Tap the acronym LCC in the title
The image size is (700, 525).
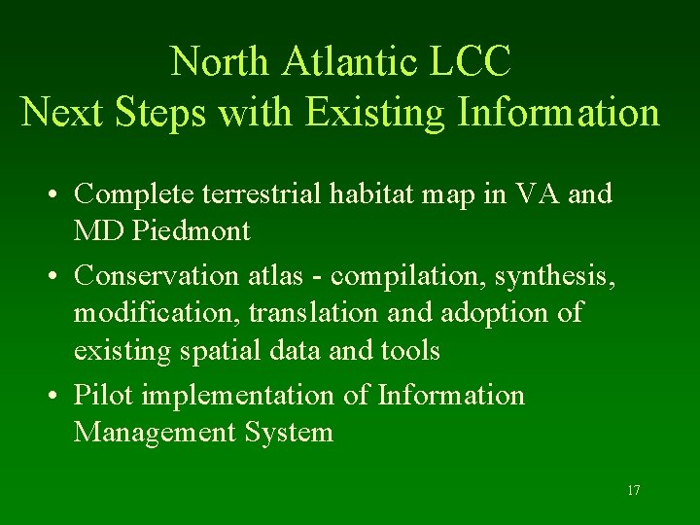click(469, 61)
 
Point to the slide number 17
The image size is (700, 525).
click(633, 491)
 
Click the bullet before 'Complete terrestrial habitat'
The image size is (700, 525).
click(60, 194)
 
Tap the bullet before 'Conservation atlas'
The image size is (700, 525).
click(60, 277)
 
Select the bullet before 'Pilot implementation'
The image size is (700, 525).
click(60, 397)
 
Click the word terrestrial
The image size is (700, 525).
click(266, 194)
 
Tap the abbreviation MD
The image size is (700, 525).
click(97, 231)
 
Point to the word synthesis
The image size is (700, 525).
click(553, 276)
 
